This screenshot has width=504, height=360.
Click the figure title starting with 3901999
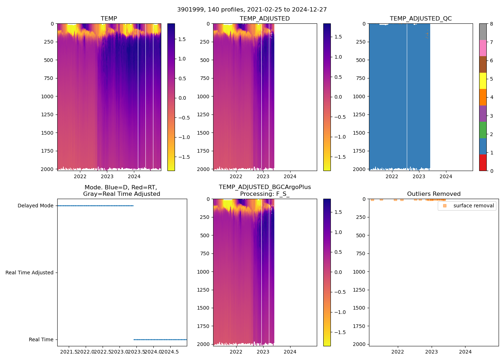point(252,10)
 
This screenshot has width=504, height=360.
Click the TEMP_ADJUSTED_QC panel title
point(420,18)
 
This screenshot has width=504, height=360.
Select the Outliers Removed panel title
point(433,194)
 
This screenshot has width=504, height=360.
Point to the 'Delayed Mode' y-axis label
point(35,206)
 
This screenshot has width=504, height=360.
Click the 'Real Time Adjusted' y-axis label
point(30,273)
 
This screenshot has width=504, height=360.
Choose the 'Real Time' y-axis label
point(41,339)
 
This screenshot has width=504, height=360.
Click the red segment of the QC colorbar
point(483,163)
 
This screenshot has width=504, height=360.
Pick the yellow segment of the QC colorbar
point(483,81)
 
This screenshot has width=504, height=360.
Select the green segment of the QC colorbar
point(483,130)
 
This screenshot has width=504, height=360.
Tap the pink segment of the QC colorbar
point(483,48)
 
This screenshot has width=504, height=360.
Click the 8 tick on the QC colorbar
point(492,24)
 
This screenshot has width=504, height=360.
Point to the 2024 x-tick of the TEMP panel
point(134,176)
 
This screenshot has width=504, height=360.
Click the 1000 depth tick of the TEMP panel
point(47,96)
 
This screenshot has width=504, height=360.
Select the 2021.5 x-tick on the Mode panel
point(68,352)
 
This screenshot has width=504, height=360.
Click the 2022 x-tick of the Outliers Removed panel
point(397,352)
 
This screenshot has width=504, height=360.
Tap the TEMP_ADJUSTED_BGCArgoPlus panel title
point(265,190)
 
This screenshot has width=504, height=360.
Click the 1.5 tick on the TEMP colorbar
point(182,39)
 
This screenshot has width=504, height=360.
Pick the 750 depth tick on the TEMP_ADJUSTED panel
point(204,78)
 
